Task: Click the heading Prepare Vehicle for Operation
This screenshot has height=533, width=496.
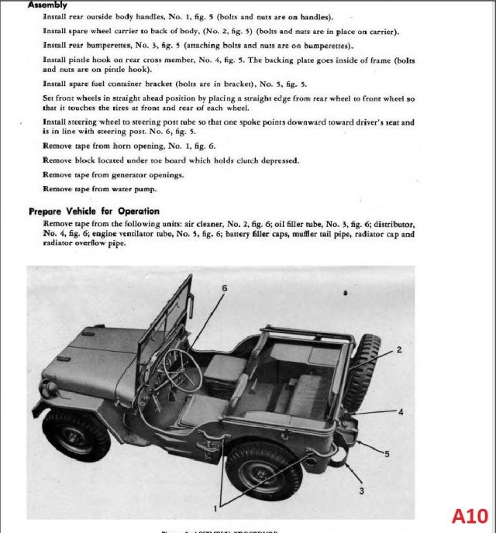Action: click(94, 211)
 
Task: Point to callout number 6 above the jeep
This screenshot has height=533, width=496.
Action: click(224, 287)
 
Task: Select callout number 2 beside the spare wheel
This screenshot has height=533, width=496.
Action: click(399, 350)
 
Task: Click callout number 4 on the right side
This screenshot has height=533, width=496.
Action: click(401, 412)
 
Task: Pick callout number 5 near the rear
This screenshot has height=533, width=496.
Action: click(387, 452)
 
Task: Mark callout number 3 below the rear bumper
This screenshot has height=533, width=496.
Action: click(361, 490)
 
